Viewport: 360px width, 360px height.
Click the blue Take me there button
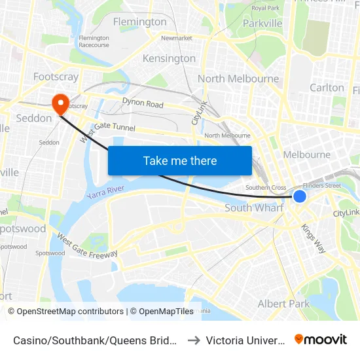pyautogui.click(x=180, y=160)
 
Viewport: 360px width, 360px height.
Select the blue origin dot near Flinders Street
pyautogui.click(x=300, y=196)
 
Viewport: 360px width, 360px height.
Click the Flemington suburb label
pyautogui.click(x=140, y=22)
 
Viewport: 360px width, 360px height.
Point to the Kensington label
pyautogui.click(x=169, y=58)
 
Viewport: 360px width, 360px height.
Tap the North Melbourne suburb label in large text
pyautogui.click(x=238, y=79)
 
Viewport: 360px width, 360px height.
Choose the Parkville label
pyautogui.click(x=262, y=23)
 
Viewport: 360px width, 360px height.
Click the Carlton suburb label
pyautogui.click(x=327, y=87)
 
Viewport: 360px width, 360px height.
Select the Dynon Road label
pyautogui.click(x=142, y=103)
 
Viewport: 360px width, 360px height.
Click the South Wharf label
pyautogui.click(x=255, y=207)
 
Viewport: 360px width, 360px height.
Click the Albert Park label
pyautogui.click(x=283, y=304)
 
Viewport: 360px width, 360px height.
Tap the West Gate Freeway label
pyautogui.click(x=86, y=245)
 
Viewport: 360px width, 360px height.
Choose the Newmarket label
pyautogui.click(x=176, y=38)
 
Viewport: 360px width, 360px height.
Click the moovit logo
pyautogui.click(x=321, y=339)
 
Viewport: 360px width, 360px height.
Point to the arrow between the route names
pyautogui.click(x=193, y=340)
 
